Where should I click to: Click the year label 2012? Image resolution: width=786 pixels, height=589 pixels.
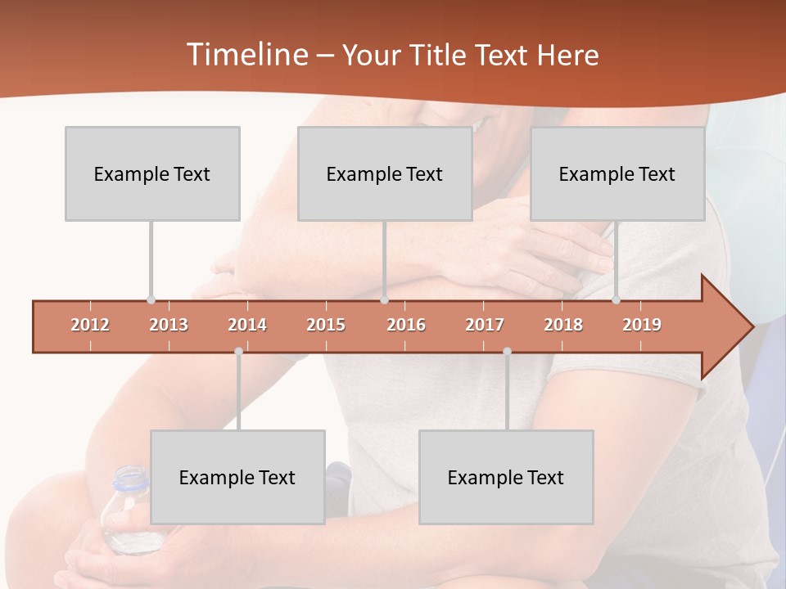pos(90,325)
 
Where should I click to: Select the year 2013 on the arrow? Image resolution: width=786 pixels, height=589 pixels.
pos(169,325)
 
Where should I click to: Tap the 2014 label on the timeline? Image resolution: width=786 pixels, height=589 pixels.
pos(247,325)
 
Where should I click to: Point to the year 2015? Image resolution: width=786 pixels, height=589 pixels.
pos(326,325)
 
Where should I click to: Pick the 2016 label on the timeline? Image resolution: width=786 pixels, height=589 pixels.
pos(406,325)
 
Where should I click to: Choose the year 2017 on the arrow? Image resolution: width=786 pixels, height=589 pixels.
pos(485,325)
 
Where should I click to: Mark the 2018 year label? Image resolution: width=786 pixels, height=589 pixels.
pos(563,325)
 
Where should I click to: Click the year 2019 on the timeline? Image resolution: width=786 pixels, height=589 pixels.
pos(642,325)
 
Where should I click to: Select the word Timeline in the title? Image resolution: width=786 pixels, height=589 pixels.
pos(246,55)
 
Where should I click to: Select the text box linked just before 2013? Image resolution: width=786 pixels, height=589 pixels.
pos(152,173)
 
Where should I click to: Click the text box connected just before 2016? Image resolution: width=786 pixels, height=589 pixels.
pos(385,173)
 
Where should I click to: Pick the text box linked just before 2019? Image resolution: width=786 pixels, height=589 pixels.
pos(617,173)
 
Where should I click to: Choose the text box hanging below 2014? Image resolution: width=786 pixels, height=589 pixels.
pos(237,477)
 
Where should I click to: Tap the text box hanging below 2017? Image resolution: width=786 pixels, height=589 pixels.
pos(506,477)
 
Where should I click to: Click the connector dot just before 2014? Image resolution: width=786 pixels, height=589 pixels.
pos(238,351)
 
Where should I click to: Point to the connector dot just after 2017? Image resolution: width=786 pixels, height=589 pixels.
pos(507,351)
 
